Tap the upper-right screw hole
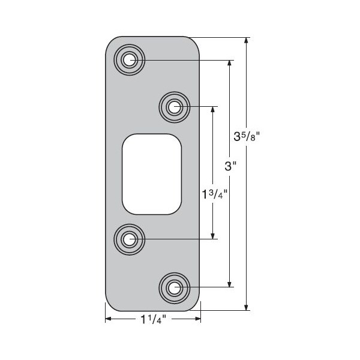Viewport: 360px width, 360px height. point(175,107)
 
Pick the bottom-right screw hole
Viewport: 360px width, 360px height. point(175,287)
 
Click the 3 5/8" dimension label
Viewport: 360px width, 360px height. point(246,137)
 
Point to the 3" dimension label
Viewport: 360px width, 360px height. point(229,166)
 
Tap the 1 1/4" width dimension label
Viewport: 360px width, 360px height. point(152,319)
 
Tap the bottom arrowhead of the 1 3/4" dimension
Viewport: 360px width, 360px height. point(212,236)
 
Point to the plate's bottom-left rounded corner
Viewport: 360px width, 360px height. point(112,304)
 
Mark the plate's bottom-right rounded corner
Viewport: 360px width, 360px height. point(193,304)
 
